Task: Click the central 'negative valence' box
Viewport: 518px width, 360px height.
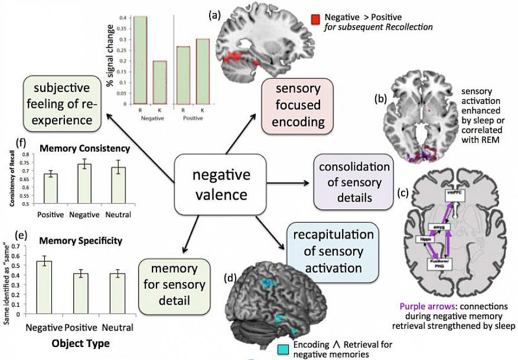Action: tap(220, 184)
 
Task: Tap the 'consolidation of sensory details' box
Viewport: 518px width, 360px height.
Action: tap(354, 182)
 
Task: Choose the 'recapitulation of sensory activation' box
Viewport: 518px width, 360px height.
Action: tap(333, 251)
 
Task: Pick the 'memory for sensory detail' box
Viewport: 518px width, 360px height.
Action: tap(174, 285)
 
